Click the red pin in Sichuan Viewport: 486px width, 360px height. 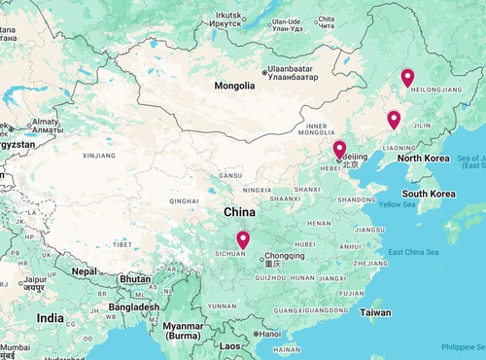click(x=243, y=239)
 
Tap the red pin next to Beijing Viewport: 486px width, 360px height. click(x=339, y=150)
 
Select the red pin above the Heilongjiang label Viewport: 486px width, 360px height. click(x=407, y=77)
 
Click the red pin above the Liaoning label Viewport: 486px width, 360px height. click(x=394, y=120)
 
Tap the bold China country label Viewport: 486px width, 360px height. click(x=239, y=212)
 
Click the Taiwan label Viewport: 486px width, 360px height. click(x=375, y=313)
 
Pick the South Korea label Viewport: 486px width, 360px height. click(x=430, y=194)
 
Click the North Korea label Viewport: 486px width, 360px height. click(x=423, y=158)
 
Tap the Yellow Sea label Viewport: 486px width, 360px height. click(x=396, y=204)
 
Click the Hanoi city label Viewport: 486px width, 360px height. click(x=268, y=334)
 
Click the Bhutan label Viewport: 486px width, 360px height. click(x=134, y=279)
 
